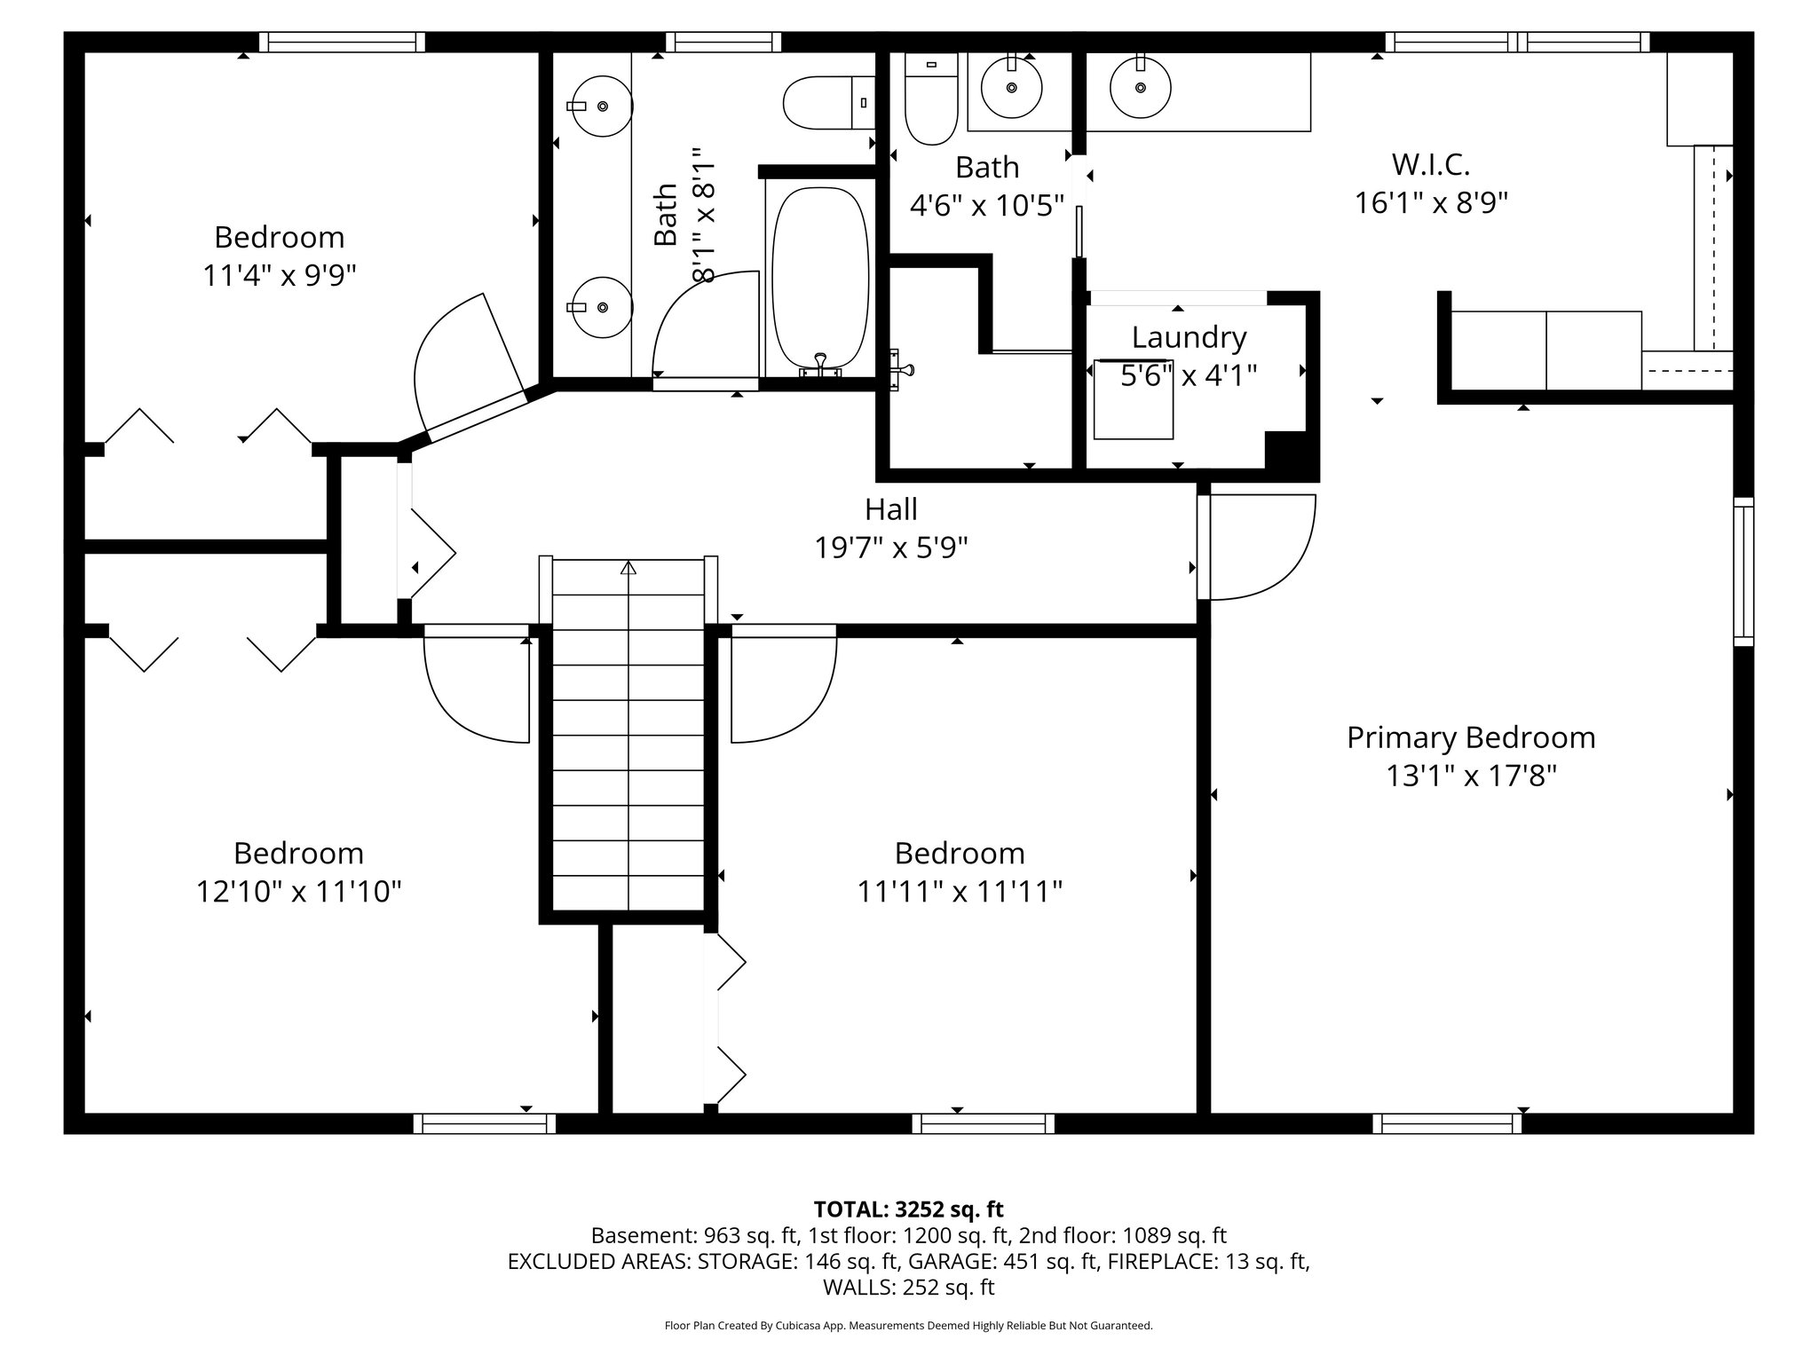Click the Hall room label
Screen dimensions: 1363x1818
890,509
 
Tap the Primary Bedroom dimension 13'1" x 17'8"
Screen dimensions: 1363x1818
1471,776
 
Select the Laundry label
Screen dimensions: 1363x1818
1189,337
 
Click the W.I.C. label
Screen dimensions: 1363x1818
1430,164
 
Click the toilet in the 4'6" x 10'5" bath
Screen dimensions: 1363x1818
930,99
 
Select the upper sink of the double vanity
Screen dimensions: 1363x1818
601,106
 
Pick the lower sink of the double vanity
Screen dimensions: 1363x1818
601,307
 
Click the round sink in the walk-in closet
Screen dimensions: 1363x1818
1140,88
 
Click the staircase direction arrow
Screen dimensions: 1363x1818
628,568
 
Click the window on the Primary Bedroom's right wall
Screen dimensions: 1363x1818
1743,571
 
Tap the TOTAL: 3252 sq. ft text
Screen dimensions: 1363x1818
908,1209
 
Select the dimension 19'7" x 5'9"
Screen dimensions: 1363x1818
890,548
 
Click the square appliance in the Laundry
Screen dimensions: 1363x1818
1133,400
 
